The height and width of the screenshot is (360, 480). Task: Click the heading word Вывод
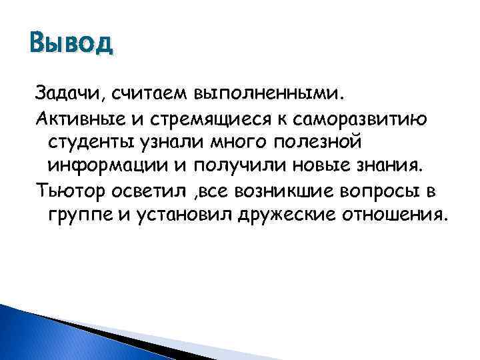pos(72,45)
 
